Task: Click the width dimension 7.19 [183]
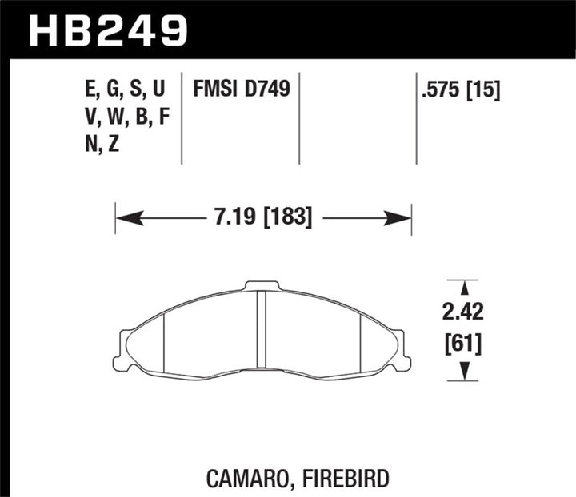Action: click(263, 216)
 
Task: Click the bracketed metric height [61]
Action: click(462, 344)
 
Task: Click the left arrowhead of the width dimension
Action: click(125, 217)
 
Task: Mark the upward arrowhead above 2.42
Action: click(462, 286)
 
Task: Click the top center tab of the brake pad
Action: click(262, 284)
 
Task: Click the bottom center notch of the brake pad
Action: click(262, 370)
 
